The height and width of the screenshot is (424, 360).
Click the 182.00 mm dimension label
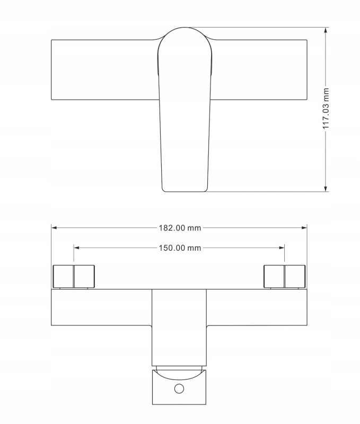click(180, 228)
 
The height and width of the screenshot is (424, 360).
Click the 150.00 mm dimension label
click(180, 248)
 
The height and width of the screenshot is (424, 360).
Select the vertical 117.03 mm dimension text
click(326, 109)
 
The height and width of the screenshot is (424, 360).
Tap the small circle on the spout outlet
click(179, 388)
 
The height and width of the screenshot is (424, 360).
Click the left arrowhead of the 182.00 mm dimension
click(54, 228)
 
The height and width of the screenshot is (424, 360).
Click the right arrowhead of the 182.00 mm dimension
click(304, 228)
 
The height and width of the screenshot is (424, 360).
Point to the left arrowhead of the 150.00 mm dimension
click(76, 248)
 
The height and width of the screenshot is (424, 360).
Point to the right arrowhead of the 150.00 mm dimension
click(282, 248)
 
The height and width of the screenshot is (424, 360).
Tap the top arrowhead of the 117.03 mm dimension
click(326, 30)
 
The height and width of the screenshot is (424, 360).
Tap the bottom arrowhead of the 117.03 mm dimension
click(326, 189)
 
